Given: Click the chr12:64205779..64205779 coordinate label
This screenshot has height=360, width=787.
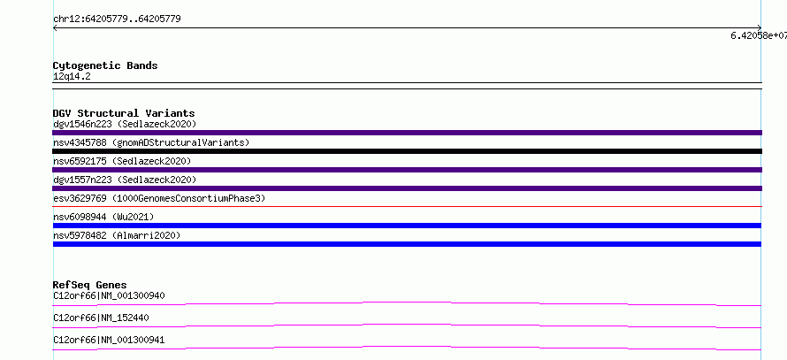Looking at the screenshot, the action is (x=117, y=19).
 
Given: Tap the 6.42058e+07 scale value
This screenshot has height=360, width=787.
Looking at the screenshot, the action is (x=759, y=35).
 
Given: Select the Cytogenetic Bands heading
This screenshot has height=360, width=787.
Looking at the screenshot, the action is (x=105, y=65).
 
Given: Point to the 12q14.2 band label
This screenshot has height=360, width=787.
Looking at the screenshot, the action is (x=72, y=77).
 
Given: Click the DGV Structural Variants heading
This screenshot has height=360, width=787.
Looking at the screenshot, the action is (x=124, y=113).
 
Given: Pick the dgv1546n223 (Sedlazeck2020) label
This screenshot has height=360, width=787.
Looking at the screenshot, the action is (x=125, y=124).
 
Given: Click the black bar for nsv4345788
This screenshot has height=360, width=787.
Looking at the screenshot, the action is (x=407, y=151).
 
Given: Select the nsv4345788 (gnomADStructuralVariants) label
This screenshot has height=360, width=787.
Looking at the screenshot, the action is (x=151, y=142).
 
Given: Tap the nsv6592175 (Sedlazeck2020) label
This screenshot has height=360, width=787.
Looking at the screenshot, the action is (x=122, y=161).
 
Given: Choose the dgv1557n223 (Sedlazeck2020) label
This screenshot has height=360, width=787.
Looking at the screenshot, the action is (x=125, y=180).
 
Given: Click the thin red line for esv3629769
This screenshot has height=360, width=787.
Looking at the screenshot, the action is (x=407, y=206).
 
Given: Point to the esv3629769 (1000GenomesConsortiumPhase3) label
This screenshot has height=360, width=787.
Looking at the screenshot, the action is (x=159, y=198).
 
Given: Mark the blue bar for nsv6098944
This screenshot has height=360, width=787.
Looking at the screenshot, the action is (x=407, y=226).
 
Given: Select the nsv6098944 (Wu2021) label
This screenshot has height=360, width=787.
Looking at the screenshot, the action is (x=103, y=217).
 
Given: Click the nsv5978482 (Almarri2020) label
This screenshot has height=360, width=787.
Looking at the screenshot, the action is (x=117, y=235).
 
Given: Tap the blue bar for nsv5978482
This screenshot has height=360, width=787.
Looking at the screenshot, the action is (x=407, y=244).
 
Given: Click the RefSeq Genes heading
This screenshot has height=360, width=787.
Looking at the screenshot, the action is (x=90, y=285).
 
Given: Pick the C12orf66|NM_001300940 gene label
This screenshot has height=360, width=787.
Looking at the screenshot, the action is (x=109, y=295).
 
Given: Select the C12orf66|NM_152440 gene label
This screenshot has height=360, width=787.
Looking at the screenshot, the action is (x=101, y=318).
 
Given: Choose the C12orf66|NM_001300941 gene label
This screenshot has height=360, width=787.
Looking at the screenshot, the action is (x=109, y=341).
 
